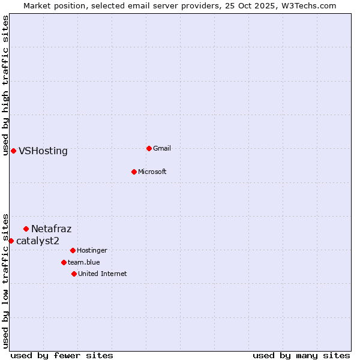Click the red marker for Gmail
149,148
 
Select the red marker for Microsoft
134,172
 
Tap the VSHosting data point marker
13,151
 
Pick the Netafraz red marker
26,229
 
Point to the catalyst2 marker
11,241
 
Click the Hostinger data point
73,250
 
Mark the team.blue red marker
64,262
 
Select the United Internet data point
74,274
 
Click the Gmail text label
162,148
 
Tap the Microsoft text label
152,172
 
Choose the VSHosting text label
43,151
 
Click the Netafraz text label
52,229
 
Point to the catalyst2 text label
38,241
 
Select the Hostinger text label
92,250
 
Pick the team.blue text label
84,262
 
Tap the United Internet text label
103,274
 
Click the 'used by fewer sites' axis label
62,355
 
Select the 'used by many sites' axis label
301,355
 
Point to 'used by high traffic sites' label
5,85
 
